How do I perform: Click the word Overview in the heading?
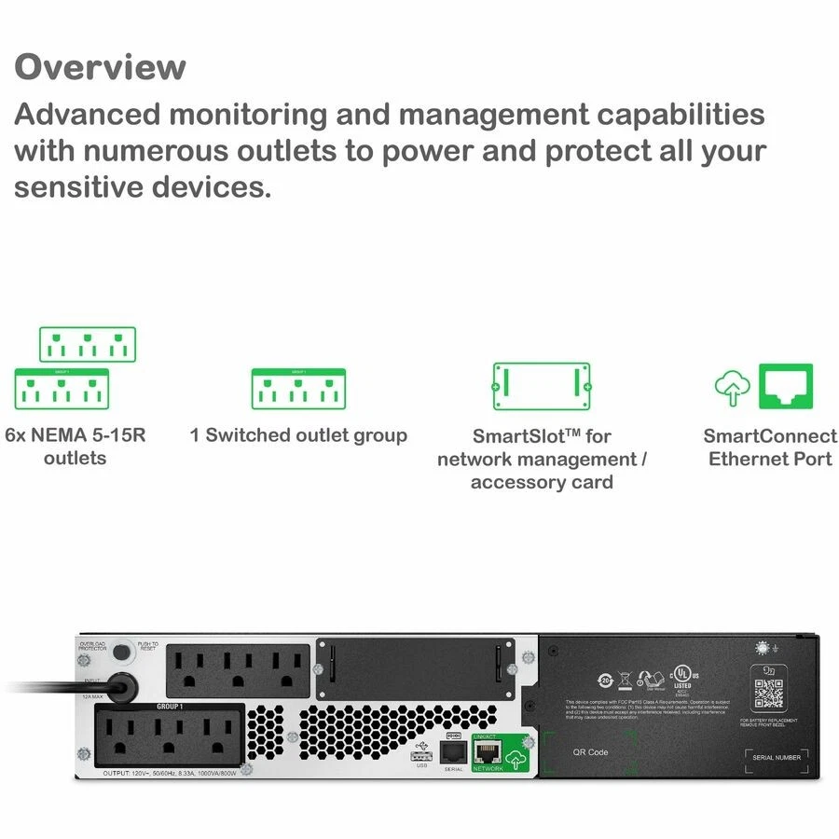point(100,67)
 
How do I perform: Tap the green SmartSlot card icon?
point(542,386)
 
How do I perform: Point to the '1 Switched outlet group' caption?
point(298,435)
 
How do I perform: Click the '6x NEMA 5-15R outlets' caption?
point(75,447)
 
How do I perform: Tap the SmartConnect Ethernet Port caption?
point(770,447)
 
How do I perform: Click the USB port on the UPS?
point(421,755)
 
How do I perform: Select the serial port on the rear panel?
point(453,752)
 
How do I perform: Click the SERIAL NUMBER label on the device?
point(776,758)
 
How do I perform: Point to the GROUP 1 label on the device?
point(170,708)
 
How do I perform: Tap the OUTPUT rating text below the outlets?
point(168,774)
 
